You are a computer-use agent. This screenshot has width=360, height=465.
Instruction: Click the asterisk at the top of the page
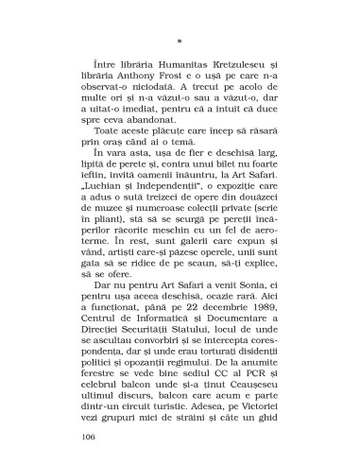(x=180, y=43)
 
